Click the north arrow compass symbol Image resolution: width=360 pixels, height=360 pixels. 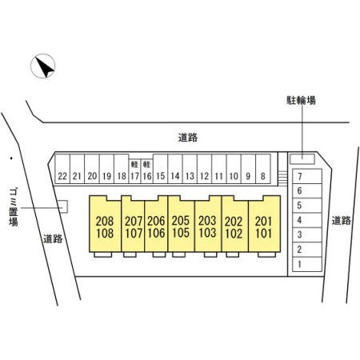(43, 66)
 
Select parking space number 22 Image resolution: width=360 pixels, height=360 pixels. (62, 169)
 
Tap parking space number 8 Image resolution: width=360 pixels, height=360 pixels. (263, 169)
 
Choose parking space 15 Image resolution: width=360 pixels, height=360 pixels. (160, 169)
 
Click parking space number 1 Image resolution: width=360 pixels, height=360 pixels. (307, 264)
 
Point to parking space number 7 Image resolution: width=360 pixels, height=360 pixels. (307, 176)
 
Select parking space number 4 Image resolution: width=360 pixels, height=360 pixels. (307, 220)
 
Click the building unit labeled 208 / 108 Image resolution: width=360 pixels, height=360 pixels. (105, 224)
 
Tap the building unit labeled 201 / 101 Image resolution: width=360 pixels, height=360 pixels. (264, 224)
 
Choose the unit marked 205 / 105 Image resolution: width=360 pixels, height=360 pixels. (181, 224)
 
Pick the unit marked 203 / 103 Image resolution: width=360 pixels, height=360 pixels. (208, 224)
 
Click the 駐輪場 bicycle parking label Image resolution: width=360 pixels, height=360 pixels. (301, 100)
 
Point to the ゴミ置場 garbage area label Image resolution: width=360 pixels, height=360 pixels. (14, 207)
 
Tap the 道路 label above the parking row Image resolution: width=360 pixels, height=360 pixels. (188, 138)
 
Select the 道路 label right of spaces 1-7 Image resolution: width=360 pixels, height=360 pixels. (342, 221)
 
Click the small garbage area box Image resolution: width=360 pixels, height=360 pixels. (63, 206)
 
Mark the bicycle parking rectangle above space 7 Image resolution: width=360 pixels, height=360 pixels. (302, 159)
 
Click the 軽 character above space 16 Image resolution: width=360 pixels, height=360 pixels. (146, 164)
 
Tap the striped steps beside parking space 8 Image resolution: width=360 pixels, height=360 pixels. (282, 178)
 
